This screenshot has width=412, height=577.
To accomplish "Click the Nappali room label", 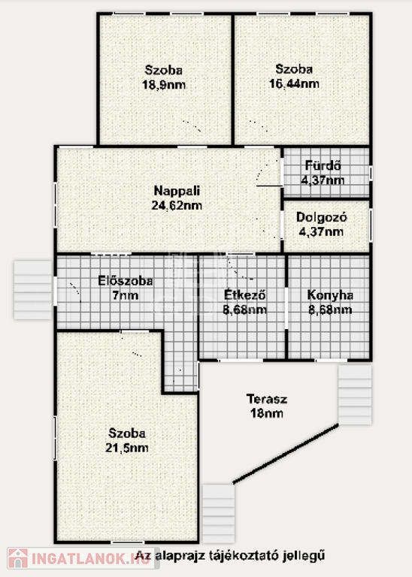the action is coord(177,191).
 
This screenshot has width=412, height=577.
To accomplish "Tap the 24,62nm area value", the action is coord(177,205).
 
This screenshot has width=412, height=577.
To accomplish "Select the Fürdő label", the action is coord(323,165).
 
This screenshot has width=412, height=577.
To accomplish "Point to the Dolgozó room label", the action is coord(322,217).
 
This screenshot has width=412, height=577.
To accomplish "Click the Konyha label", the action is coord(330,295).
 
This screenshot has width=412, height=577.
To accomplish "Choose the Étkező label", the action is coord(245,295).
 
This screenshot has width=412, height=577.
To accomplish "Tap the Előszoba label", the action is coord(126,281).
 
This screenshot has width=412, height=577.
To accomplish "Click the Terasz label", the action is coord(267,399).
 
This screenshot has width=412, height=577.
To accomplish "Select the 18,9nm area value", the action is coord(164,85).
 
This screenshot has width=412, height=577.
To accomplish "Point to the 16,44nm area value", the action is coord(294,84).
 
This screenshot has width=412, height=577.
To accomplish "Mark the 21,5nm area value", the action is coord(127,448).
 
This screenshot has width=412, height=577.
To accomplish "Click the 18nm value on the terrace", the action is coord(267,413).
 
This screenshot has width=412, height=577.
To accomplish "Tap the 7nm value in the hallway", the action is coord(126,295).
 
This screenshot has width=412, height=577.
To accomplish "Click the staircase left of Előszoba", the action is coord(33,290).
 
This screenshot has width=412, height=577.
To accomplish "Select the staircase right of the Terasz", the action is coord(355,394).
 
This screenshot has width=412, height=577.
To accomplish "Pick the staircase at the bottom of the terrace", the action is coord(219,513).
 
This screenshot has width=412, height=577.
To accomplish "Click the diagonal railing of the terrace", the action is coord(286,454).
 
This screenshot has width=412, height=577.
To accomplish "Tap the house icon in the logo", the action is coord(18,558).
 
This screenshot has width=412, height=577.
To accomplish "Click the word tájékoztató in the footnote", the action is coord(241,556).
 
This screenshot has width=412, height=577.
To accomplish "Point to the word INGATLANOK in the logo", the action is coord(77,559).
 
